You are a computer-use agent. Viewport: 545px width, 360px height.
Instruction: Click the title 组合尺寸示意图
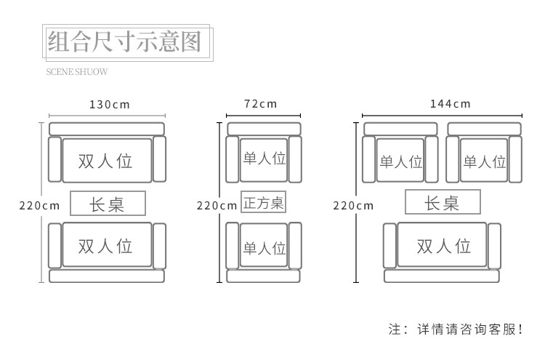pos(124,42)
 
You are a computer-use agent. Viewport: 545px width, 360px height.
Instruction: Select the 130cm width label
pos(109,104)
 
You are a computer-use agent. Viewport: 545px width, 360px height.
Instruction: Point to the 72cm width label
pos(260,104)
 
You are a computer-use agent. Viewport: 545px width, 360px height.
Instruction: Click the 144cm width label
pos(450,104)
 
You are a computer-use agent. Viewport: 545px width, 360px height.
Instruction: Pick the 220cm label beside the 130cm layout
pos(39,205)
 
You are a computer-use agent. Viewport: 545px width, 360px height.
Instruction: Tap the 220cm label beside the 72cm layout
pos(217,205)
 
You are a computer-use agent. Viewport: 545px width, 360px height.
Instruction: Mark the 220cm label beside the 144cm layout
pos(353,205)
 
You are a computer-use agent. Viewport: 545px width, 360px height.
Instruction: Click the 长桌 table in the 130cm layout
pos(108,204)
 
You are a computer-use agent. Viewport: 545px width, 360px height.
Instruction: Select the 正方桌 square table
pos(263,202)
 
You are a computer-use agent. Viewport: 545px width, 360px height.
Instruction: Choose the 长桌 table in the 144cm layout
pos(442,202)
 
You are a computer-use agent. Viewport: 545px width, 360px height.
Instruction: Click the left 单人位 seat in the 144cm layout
pos(400,161)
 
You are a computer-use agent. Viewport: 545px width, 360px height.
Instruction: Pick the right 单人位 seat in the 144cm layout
pos(484,161)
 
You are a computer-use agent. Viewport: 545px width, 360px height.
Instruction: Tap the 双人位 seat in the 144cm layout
pos(443,246)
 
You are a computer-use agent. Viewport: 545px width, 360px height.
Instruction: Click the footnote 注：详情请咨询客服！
pos(456,329)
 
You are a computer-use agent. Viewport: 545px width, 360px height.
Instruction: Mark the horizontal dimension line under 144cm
pos(442,116)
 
